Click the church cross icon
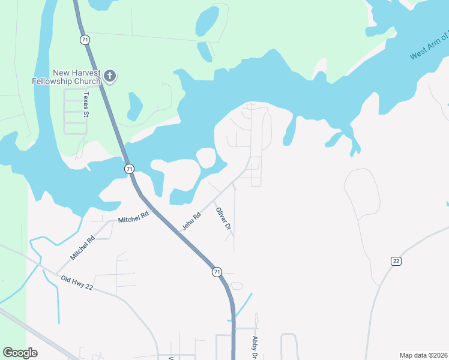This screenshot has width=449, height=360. tap(109, 76)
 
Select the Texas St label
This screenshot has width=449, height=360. tap(86, 105)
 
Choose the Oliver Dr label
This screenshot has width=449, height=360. tap(223, 218)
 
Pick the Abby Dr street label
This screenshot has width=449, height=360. tap(255, 347)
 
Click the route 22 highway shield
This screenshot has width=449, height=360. tap(396, 261)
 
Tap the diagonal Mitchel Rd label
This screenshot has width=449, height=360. tap(83, 248)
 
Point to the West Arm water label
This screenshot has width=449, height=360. tap(429, 46)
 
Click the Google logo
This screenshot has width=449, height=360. tap(20, 353)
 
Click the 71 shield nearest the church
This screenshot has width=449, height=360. tap(85, 40)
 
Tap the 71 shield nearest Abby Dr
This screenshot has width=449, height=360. tap(216, 272)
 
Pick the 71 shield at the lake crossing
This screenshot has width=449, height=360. tap(129, 169)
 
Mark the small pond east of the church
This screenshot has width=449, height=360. tap(134, 107)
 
